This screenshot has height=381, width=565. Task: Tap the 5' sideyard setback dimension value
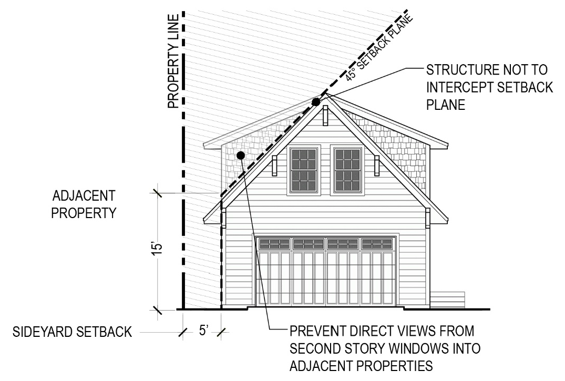204,332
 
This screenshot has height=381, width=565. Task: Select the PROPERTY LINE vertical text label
174,60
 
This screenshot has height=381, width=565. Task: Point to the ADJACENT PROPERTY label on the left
84,205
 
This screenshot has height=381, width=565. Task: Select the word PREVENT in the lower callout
315,332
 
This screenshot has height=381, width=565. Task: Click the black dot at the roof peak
316,102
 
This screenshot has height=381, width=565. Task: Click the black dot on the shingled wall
240,155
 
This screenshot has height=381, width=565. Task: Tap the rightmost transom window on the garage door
377,243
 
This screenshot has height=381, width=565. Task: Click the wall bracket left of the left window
274,165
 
